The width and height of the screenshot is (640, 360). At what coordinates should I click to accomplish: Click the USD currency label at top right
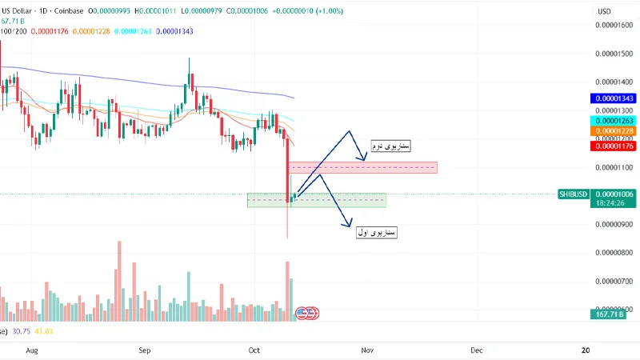click(605, 11)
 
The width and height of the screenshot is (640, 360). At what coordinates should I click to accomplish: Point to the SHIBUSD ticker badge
click(575, 194)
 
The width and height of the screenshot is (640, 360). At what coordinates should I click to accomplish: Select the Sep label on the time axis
click(145, 350)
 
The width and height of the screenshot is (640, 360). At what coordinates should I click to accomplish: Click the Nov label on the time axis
click(367, 350)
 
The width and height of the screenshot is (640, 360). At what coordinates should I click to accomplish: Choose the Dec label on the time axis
click(476, 350)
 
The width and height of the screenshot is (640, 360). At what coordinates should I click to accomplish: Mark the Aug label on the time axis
click(32, 350)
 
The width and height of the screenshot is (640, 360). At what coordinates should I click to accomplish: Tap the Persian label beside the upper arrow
click(390, 147)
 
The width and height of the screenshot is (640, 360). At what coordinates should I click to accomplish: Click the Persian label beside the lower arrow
click(377, 232)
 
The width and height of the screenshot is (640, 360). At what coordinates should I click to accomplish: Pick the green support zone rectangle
click(317, 200)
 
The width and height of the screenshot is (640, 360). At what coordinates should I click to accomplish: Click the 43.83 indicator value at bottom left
click(43, 330)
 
